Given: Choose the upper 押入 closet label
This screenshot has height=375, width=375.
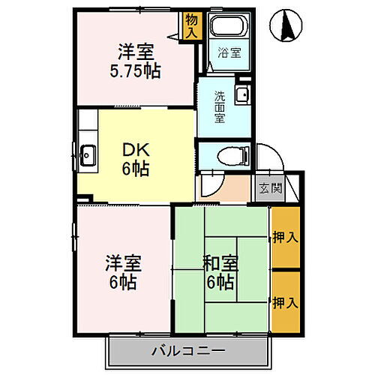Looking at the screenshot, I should click(x=284, y=237).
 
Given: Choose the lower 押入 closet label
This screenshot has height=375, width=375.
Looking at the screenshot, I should click(x=284, y=303).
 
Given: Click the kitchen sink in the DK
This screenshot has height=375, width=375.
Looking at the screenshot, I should click(x=88, y=156).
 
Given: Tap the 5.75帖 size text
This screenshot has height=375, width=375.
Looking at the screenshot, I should click(x=136, y=73).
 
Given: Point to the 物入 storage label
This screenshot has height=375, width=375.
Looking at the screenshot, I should click(x=191, y=28).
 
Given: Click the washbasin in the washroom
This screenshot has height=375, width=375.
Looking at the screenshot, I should click(x=242, y=95).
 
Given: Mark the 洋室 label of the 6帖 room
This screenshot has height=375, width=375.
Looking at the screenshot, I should click(x=122, y=264).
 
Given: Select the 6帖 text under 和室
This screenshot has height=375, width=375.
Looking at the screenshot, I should click(x=220, y=283).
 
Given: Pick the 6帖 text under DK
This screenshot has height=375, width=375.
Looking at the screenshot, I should click(x=135, y=168).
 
